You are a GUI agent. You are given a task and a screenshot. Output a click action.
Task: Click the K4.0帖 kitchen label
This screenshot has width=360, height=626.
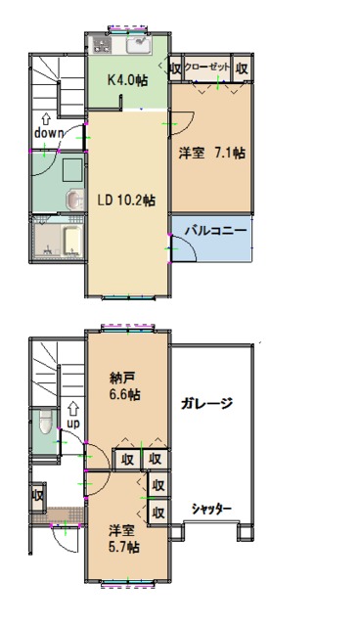tap(128, 80)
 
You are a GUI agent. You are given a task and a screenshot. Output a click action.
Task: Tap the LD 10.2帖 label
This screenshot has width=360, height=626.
tap(126, 200)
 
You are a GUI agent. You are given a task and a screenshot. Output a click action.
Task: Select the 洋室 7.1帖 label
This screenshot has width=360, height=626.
tap(212, 153)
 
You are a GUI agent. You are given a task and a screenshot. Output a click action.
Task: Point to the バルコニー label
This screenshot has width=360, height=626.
tap(216, 231)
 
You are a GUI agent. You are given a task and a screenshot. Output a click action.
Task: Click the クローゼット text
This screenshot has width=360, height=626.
tap(207, 67)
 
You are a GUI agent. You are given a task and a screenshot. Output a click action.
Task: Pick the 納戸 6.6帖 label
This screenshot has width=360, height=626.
tap(124, 386)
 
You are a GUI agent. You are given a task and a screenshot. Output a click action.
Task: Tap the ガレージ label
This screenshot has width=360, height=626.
tap(206, 404)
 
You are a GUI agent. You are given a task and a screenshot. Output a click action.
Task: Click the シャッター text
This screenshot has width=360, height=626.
tap(211, 509)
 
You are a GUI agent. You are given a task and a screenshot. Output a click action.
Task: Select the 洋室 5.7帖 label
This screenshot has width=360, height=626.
tap(124, 539)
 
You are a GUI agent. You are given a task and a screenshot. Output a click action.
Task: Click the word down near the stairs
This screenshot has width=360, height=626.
tap(49, 133)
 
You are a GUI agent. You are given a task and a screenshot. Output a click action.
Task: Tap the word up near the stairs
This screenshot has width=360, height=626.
tap(73, 424)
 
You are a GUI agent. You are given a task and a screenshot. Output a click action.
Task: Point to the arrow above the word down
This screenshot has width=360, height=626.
tap(46, 119)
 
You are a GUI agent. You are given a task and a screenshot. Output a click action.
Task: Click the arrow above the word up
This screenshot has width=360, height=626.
tap(72, 409)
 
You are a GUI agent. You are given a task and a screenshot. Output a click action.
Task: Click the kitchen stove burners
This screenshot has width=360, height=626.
tap(102, 44)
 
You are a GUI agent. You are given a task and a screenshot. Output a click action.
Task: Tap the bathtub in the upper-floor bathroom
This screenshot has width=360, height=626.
tap(72, 242)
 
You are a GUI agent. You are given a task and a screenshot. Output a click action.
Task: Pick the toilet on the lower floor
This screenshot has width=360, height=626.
tap(46, 422)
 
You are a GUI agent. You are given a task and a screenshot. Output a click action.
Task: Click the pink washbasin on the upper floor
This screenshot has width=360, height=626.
tap(74, 200)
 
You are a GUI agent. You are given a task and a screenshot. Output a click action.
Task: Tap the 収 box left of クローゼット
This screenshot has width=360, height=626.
tap(176, 68)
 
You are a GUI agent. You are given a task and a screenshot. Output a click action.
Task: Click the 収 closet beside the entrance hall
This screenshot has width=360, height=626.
tap(38, 496)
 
